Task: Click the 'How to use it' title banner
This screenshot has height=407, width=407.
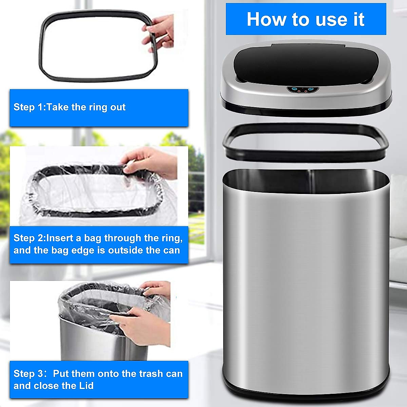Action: click(306, 19)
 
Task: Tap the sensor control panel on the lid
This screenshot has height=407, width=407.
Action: click(303, 90)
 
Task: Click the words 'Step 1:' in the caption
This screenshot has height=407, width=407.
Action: click(29, 107)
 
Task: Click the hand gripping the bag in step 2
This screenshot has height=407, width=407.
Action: click(153, 163)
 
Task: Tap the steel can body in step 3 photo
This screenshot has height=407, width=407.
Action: click(88, 343)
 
